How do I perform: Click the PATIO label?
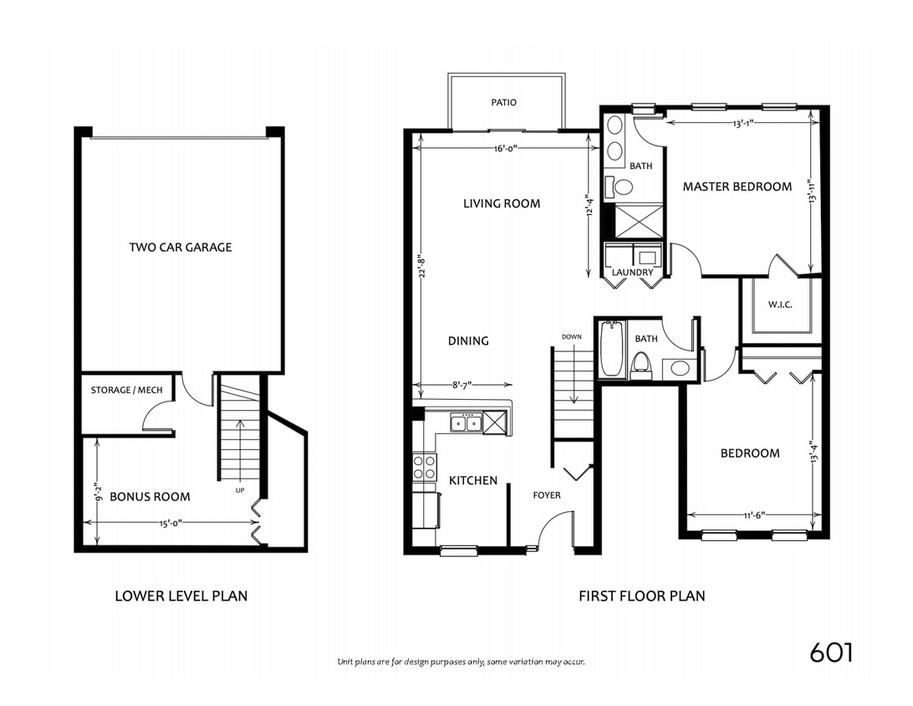(x=503, y=103)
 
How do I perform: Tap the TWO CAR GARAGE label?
(x=181, y=248)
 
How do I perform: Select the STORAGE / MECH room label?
(x=128, y=391)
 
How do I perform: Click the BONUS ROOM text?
(x=150, y=497)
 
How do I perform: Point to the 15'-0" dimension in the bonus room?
(x=170, y=523)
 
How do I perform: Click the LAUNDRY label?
(x=632, y=273)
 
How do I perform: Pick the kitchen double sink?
(x=465, y=423)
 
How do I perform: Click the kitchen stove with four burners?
(x=425, y=467)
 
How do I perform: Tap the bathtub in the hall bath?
(x=611, y=349)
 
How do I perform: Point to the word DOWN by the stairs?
(x=572, y=337)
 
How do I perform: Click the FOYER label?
(x=547, y=495)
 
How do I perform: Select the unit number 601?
(x=831, y=652)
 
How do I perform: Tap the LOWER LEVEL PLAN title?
(x=181, y=596)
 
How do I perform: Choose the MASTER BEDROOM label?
(x=737, y=187)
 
